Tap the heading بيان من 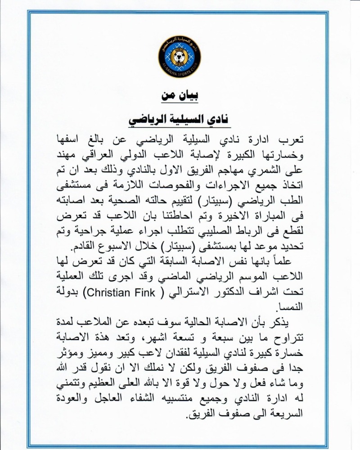(180, 96)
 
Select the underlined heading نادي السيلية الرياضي (180, 119)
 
